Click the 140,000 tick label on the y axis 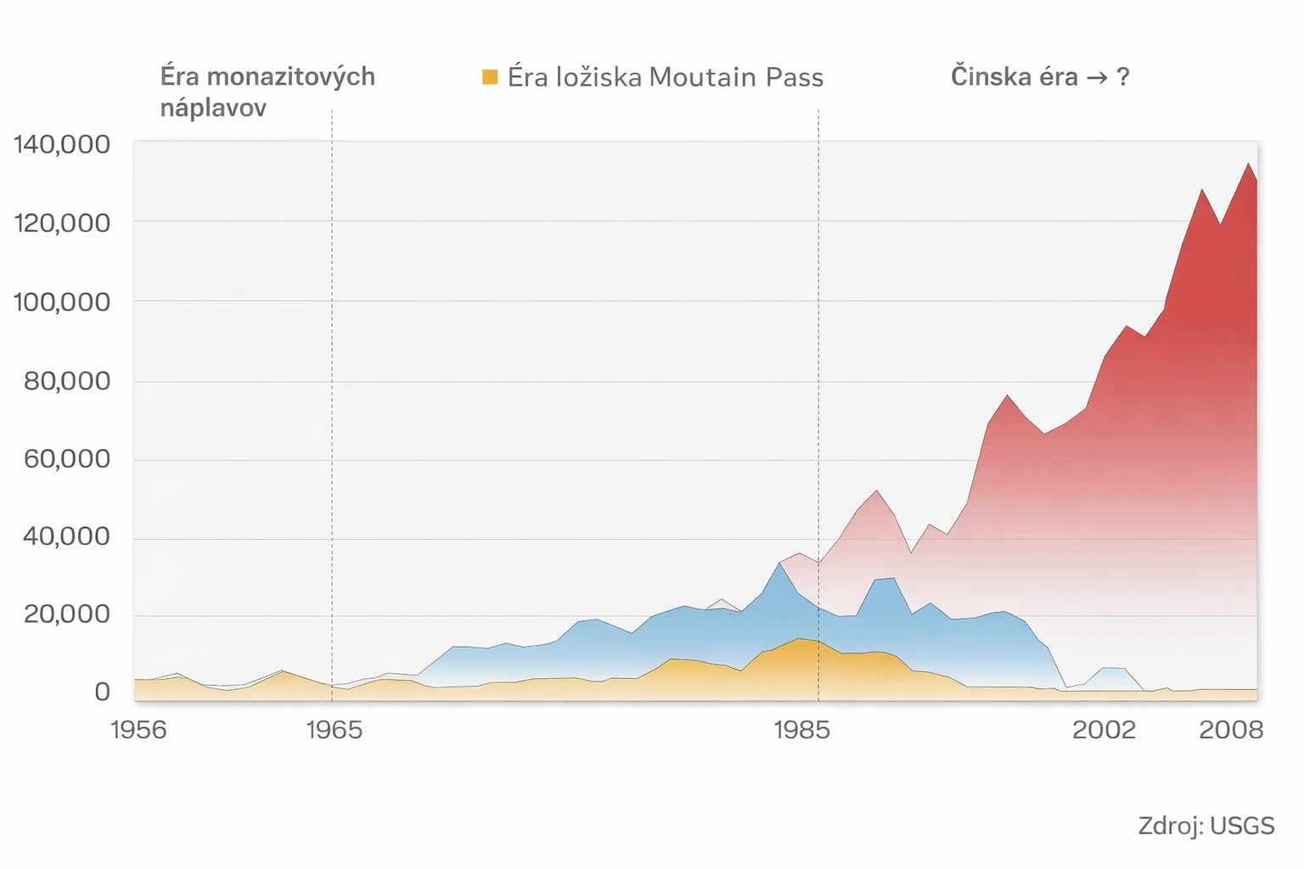click(x=62, y=145)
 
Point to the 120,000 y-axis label click(x=62, y=223)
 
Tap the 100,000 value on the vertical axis click(x=62, y=302)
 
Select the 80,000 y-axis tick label click(x=67, y=381)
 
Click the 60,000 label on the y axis click(x=67, y=459)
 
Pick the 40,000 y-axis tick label click(x=67, y=536)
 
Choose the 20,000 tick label click(x=67, y=614)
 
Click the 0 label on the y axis click(x=102, y=692)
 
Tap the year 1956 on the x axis click(x=139, y=730)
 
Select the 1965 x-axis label click(x=334, y=730)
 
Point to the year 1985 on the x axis click(x=802, y=730)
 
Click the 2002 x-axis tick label click(x=1104, y=730)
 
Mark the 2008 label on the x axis click(x=1231, y=730)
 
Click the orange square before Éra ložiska click(x=490, y=77)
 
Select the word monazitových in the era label click(x=291, y=77)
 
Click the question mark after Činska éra click(x=1123, y=77)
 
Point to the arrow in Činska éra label click(x=1096, y=77)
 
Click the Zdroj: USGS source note click(x=1206, y=826)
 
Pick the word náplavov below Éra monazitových click(x=213, y=108)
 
